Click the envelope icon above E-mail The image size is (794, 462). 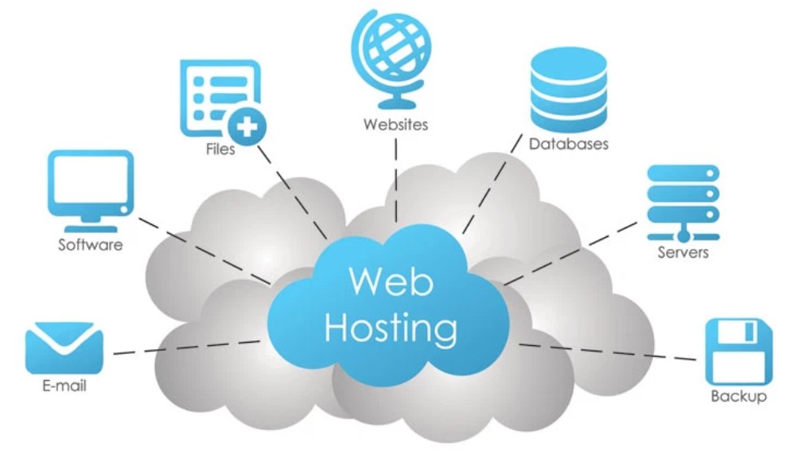(64, 347)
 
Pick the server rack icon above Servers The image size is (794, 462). (682, 201)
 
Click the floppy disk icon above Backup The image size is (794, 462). (738, 351)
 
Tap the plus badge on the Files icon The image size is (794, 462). (247, 126)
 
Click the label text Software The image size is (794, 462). (91, 245)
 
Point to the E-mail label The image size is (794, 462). (64, 386)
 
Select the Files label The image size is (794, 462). (220, 149)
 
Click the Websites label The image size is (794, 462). (395, 125)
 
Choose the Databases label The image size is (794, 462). (568, 145)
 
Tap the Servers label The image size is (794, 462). (683, 254)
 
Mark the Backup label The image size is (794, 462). (738, 396)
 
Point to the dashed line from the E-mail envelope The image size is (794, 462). (187, 347)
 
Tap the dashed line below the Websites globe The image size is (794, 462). (395, 179)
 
